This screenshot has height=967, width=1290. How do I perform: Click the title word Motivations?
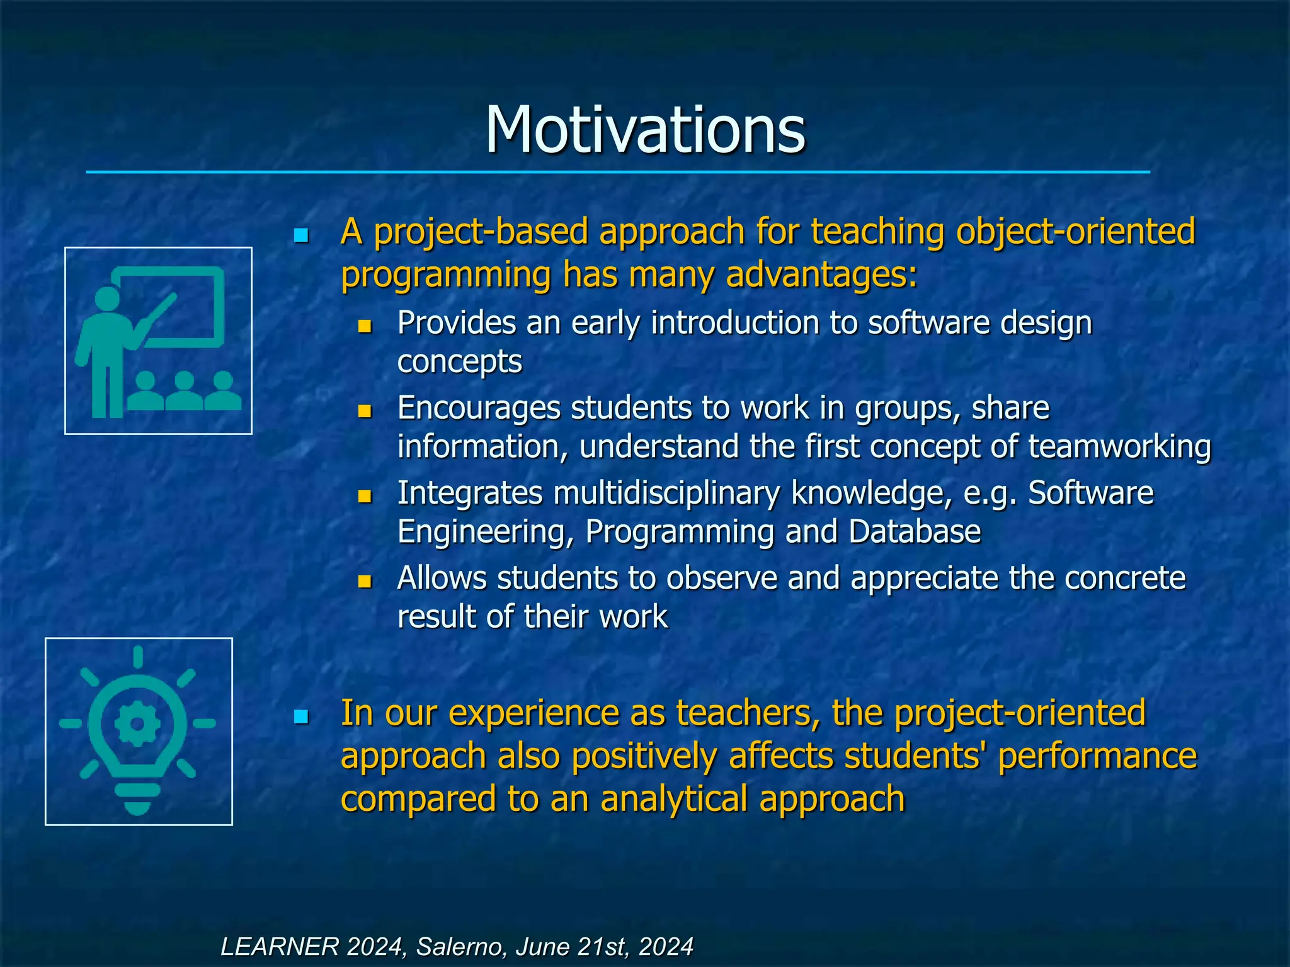pos(645,130)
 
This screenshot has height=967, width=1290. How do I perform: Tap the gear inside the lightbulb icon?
pos(138,724)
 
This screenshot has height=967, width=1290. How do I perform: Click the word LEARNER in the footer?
pos(279,946)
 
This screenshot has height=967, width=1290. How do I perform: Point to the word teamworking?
pos(1119,446)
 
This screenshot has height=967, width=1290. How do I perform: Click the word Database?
pos(915,531)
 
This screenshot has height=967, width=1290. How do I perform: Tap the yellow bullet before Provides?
pos(364,326)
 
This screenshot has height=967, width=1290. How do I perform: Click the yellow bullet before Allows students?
pos(364,580)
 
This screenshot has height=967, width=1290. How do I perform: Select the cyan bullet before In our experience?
pos(301,716)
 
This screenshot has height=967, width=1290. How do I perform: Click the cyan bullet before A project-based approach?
pos(301,235)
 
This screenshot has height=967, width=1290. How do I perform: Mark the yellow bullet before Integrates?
pos(364,496)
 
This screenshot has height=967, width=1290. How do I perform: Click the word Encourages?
pos(479,408)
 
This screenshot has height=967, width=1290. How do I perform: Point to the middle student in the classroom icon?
pos(184,390)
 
